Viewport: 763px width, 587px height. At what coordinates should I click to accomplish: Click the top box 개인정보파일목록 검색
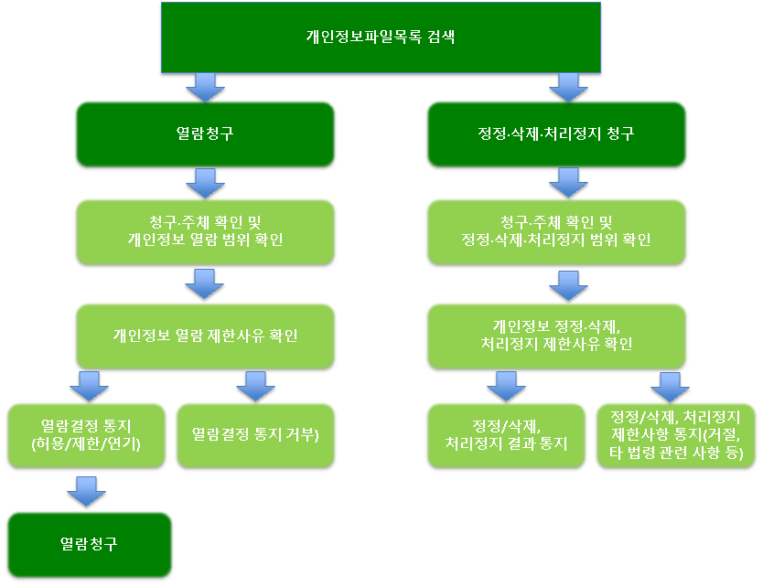(381, 37)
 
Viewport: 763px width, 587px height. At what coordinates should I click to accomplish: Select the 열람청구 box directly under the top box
(204, 134)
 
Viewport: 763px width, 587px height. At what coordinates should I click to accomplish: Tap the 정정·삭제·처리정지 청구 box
(556, 134)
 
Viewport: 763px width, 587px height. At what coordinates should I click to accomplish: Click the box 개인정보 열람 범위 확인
(204, 232)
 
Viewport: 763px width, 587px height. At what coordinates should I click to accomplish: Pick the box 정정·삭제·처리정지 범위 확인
(556, 232)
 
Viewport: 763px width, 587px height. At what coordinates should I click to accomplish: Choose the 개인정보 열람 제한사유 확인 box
(204, 336)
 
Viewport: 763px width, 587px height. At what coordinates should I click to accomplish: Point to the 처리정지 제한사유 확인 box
(556, 336)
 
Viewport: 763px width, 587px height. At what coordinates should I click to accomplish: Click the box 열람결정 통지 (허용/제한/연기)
(88, 435)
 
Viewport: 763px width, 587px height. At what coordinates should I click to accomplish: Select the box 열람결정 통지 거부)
(255, 435)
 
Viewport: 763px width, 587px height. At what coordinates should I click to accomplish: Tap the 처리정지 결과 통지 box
(506, 435)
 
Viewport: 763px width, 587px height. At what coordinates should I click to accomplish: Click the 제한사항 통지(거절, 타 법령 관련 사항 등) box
(675, 435)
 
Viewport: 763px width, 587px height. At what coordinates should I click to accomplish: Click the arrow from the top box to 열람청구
(204, 88)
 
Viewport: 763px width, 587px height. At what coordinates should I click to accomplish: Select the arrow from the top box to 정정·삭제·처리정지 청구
(569, 88)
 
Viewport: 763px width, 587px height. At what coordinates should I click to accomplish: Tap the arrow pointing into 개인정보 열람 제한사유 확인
(204, 284)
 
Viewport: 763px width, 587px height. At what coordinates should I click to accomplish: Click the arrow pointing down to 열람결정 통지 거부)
(255, 387)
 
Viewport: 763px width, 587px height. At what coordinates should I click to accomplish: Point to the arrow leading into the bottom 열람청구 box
(88, 491)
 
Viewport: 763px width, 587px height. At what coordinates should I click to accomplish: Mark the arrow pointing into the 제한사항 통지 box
(669, 387)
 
